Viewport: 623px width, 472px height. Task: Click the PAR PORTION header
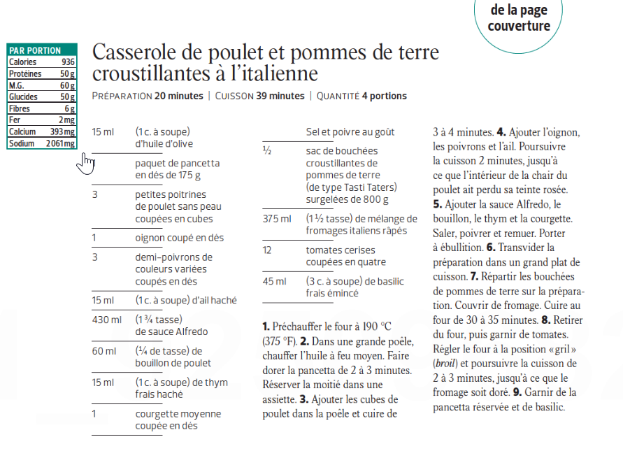pyautogui.click(x=35, y=50)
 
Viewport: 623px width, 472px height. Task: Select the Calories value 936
pyautogui.click(x=67, y=62)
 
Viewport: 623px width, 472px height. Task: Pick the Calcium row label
pyautogui.click(x=22, y=131)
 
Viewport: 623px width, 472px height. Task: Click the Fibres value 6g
pyautogui.click(x=69, y=108)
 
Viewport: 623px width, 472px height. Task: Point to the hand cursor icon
pyautogui.click(x=86, y=163)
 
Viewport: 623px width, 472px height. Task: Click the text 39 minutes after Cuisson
pyautogui.click(x=279, y=96)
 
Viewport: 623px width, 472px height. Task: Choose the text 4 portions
pyautogui.click(x=384, y=96)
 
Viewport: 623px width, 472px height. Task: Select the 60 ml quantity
pyautogui.click(x=103, y=351)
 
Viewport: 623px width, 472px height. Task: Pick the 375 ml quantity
pyautogui.click(x=276, y=219)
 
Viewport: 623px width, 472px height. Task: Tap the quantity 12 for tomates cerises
pyautogui.click(x=268, y=250)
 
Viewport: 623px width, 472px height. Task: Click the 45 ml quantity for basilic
pyautogui.click(x=274, y=281)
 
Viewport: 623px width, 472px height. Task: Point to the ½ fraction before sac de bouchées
pyautogui.click(x=266, y=150)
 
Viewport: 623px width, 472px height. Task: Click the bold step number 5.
pyautogui.click(x=437, y=205)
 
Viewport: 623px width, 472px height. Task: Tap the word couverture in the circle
pyautogui.click(x=519, y=27)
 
